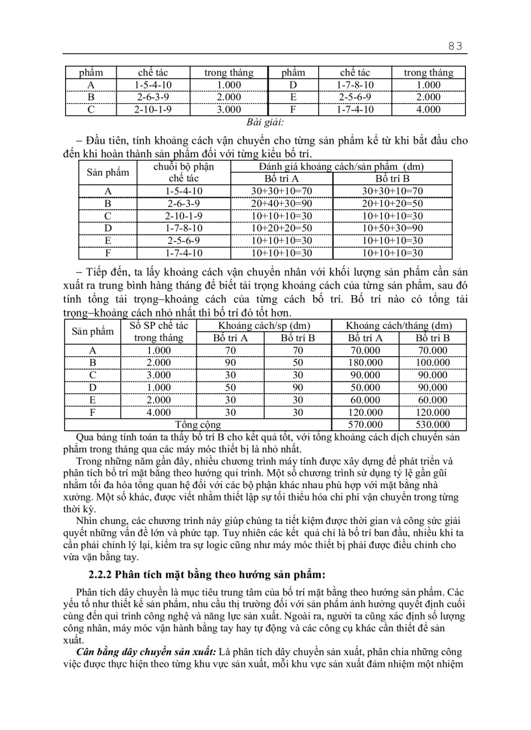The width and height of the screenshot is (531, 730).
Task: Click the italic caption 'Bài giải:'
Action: pos(265,122)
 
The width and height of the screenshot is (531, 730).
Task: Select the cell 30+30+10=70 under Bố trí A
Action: pos(282,191)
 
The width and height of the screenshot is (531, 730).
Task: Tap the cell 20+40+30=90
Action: pos(282,203)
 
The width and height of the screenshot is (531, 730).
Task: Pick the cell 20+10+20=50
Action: pos(392,203)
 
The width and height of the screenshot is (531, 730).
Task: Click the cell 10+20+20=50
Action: pos(282,228)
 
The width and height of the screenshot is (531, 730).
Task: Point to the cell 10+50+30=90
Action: pos(392,228)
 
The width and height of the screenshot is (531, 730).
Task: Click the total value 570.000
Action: pos(364,424)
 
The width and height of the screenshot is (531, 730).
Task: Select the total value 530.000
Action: pos(433,424)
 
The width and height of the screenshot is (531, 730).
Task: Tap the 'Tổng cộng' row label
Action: pos(198,424)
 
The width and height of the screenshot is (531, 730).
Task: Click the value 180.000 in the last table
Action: pos(364,363)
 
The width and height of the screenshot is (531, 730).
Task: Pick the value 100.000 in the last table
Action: pos(433,363)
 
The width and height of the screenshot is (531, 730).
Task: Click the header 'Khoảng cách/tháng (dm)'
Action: pos(398,326)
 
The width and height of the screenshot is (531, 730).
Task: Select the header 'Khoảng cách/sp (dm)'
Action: pos(264,326)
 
